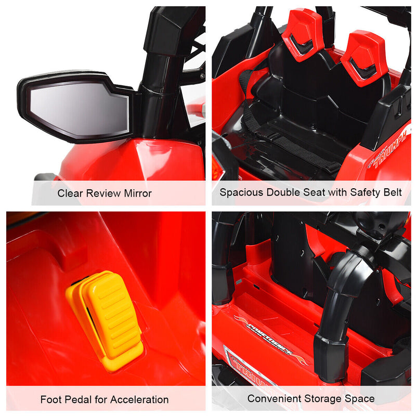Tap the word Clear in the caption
pyautogui.click(x=70, y=193)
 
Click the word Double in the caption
pyautogui.click(x=284, y=192)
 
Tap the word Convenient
pyautogui.click(x=273, y=399)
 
